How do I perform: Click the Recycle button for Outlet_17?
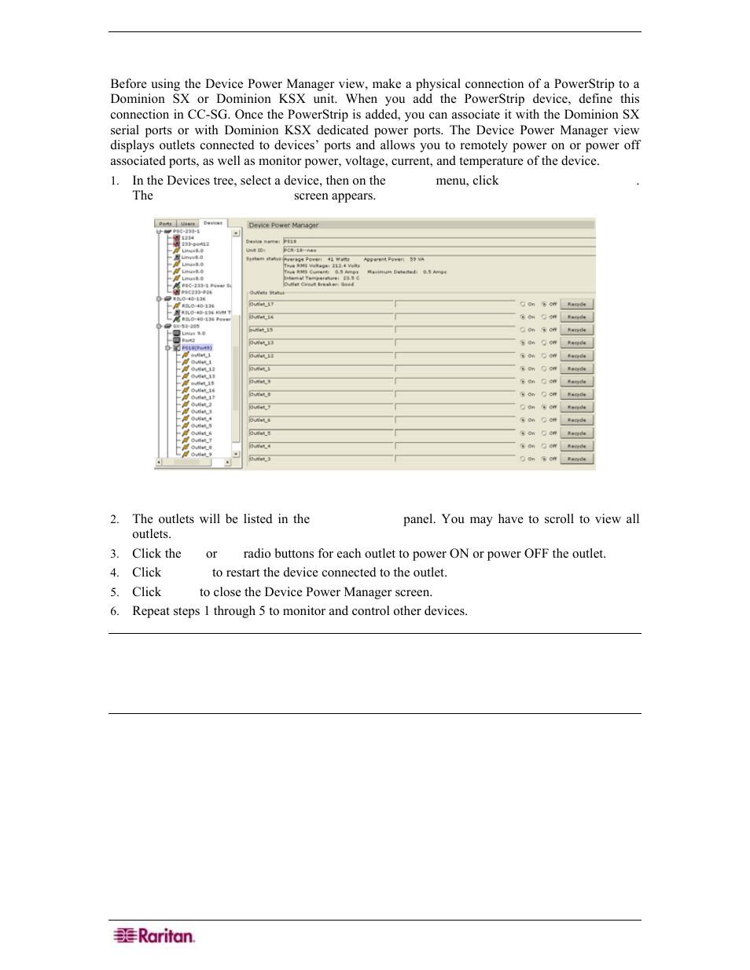click(x=576, y=304)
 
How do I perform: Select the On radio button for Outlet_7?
click(x=523, y=408)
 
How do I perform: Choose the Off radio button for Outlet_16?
click(x=544, y=317)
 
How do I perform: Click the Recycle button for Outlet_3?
click(x=576, y=459)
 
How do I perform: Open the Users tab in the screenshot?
click(x=188, y=223)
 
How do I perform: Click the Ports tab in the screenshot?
click(x=165, y=223)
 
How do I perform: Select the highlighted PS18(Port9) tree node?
click(x=197, y=348)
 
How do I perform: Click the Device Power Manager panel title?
click(x=284, y=225)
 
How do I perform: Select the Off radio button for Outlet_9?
click(x=544, y=382)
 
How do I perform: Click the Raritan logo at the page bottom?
click(x=154, y=935)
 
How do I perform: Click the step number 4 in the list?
click(x=114, y=573)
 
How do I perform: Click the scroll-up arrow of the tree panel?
click(x=236, y=232)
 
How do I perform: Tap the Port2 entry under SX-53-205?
click(x=189, y=341)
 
